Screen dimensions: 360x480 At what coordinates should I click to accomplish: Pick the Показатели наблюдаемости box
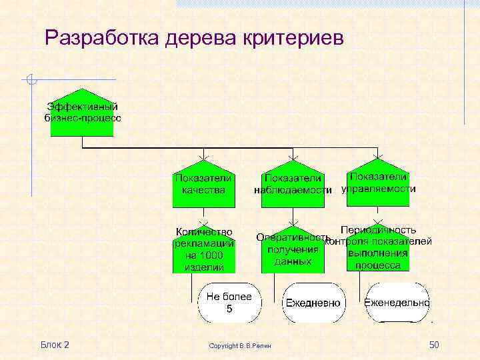point(293,184)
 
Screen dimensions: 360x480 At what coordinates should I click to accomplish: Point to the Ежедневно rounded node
point(313,303)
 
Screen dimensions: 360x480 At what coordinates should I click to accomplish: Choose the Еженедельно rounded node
point(397,303)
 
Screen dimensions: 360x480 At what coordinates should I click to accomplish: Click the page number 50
point(434,345)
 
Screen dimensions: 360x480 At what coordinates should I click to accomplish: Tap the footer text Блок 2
point(55,345)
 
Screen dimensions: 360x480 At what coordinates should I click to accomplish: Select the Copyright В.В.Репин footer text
point(244,345)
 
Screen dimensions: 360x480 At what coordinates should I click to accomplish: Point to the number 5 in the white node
point(229,309)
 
